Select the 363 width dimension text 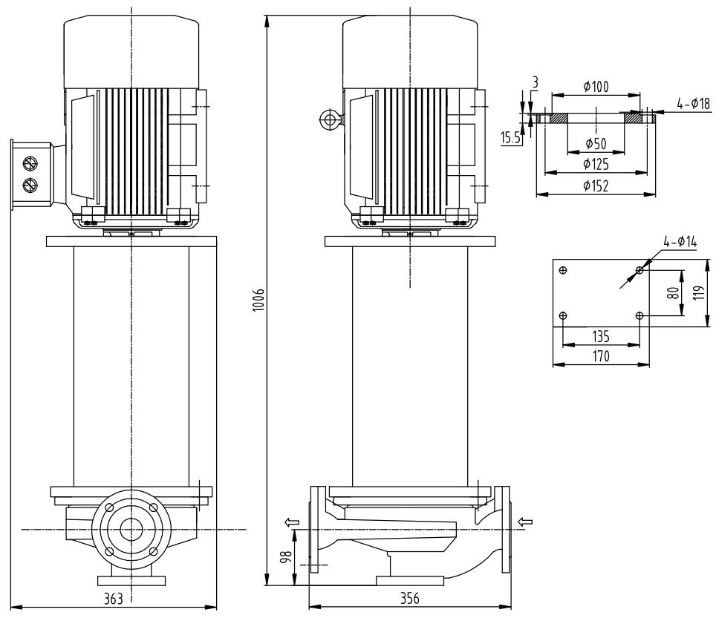(113, 599)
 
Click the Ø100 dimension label (596, 87)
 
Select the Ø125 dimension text (596, 163)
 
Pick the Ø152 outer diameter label (596, 186)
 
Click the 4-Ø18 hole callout (693, 104)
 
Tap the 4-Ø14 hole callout (680, 241)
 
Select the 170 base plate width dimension (601, 356)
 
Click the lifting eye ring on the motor (327, 118)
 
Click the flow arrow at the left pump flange (293, 522)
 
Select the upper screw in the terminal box (30, 163)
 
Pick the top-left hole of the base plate (563, 270)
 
